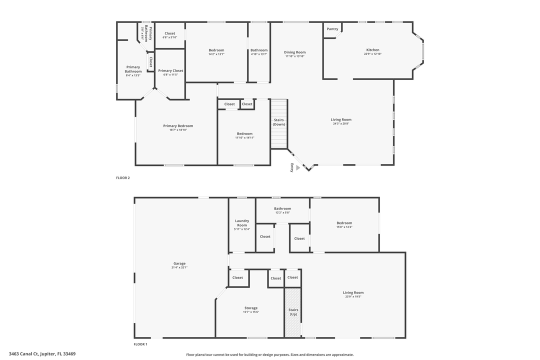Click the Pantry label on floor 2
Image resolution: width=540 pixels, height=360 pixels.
(332, 29)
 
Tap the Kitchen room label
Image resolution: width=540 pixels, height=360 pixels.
(372, 50)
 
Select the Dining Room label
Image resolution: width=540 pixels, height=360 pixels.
(294, 52)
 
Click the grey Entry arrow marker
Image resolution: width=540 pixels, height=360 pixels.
(298, 168)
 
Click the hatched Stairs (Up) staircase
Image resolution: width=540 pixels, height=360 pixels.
(293, 312)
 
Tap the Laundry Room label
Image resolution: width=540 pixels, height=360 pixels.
(242, 223)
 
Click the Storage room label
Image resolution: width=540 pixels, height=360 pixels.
(251, 308)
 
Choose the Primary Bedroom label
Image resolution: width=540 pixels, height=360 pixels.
(178, 126)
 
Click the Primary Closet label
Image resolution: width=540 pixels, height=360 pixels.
(170, 71)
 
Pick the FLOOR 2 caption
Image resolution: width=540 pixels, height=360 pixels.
(123, 177)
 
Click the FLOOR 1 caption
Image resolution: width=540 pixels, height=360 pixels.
(140, 344)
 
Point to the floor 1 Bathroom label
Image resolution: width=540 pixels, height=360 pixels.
(282, 208)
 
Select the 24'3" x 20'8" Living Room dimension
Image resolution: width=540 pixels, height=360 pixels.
(341, 123)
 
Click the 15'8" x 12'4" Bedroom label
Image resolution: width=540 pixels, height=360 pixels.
(344, 223)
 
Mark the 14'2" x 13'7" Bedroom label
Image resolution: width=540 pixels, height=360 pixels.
(216, 50)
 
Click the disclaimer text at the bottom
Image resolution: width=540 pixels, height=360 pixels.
(269, 354)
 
